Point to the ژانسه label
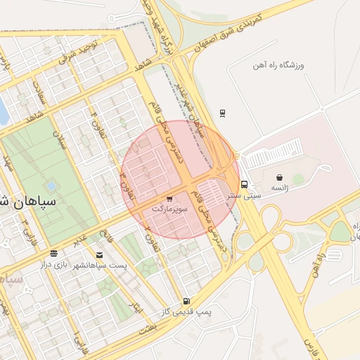279,188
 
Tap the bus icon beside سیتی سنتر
244,185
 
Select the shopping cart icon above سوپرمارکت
169,200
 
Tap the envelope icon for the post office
99,255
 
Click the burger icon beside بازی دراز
54,253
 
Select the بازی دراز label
52,264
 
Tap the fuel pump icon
186,300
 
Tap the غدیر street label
82,239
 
